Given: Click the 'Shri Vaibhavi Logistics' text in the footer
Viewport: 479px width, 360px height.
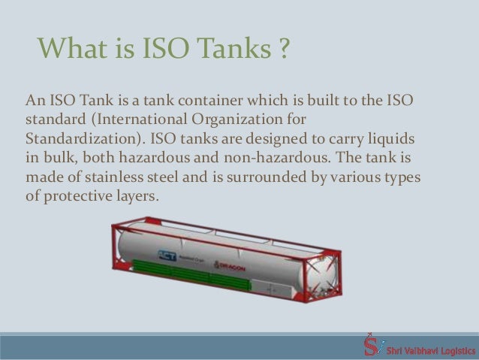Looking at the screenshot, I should (428, 348).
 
